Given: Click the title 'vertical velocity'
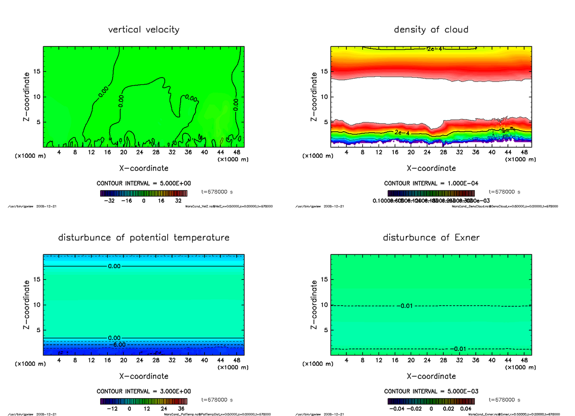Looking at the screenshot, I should click(144, 30).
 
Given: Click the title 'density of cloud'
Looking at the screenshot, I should click(431, 30).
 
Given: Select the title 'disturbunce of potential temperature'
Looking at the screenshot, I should click(144, 238).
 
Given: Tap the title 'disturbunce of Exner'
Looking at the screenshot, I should click(431, 238).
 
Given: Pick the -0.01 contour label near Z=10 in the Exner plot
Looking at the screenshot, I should click(405, 306).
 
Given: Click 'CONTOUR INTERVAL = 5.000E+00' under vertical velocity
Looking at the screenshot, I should click(144, 184).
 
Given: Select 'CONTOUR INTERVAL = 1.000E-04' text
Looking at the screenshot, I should click(431, 184).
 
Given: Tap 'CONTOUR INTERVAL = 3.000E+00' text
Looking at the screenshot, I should click(144, 392).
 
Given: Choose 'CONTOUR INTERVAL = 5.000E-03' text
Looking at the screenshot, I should click(431, 392).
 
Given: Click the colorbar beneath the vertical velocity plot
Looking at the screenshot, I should click(144, 193).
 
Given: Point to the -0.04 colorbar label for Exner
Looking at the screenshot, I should click(397, 409).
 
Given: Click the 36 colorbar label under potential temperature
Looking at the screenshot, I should click(181, 409).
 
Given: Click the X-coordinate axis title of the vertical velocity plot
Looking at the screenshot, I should click(144, 168).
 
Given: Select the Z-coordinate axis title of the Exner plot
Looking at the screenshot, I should click(314, 305).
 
